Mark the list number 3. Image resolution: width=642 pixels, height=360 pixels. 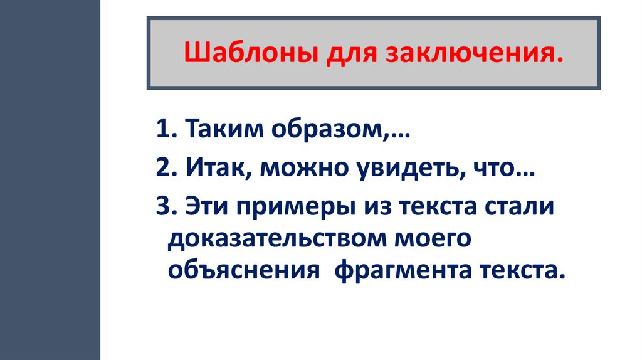coord(162,207)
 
